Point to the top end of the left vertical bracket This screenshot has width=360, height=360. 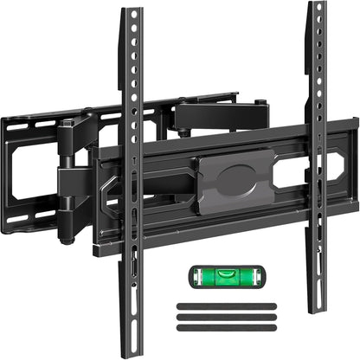pyautogui.click(x=132, y=12)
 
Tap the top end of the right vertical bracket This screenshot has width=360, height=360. pyautogui.click(x=318, y=5)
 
